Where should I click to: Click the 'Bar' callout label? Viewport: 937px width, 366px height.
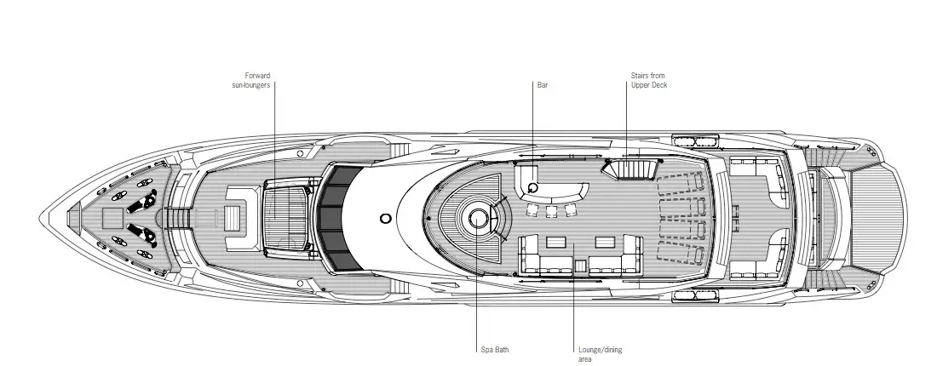[543, 85]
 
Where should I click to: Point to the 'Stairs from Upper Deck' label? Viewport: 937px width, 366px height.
[647, 81]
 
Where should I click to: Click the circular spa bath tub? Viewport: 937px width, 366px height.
[475, 219]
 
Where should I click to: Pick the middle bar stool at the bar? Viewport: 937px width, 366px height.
[551, 209]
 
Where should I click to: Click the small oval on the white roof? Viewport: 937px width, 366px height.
[386, 218]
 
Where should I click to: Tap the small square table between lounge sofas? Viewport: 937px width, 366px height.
[579, 265]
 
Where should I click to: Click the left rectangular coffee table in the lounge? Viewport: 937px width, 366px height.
[556, 241]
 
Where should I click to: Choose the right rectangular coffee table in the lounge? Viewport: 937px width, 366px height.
[604, 241]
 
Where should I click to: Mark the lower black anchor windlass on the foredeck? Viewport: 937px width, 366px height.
[139, 232]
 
